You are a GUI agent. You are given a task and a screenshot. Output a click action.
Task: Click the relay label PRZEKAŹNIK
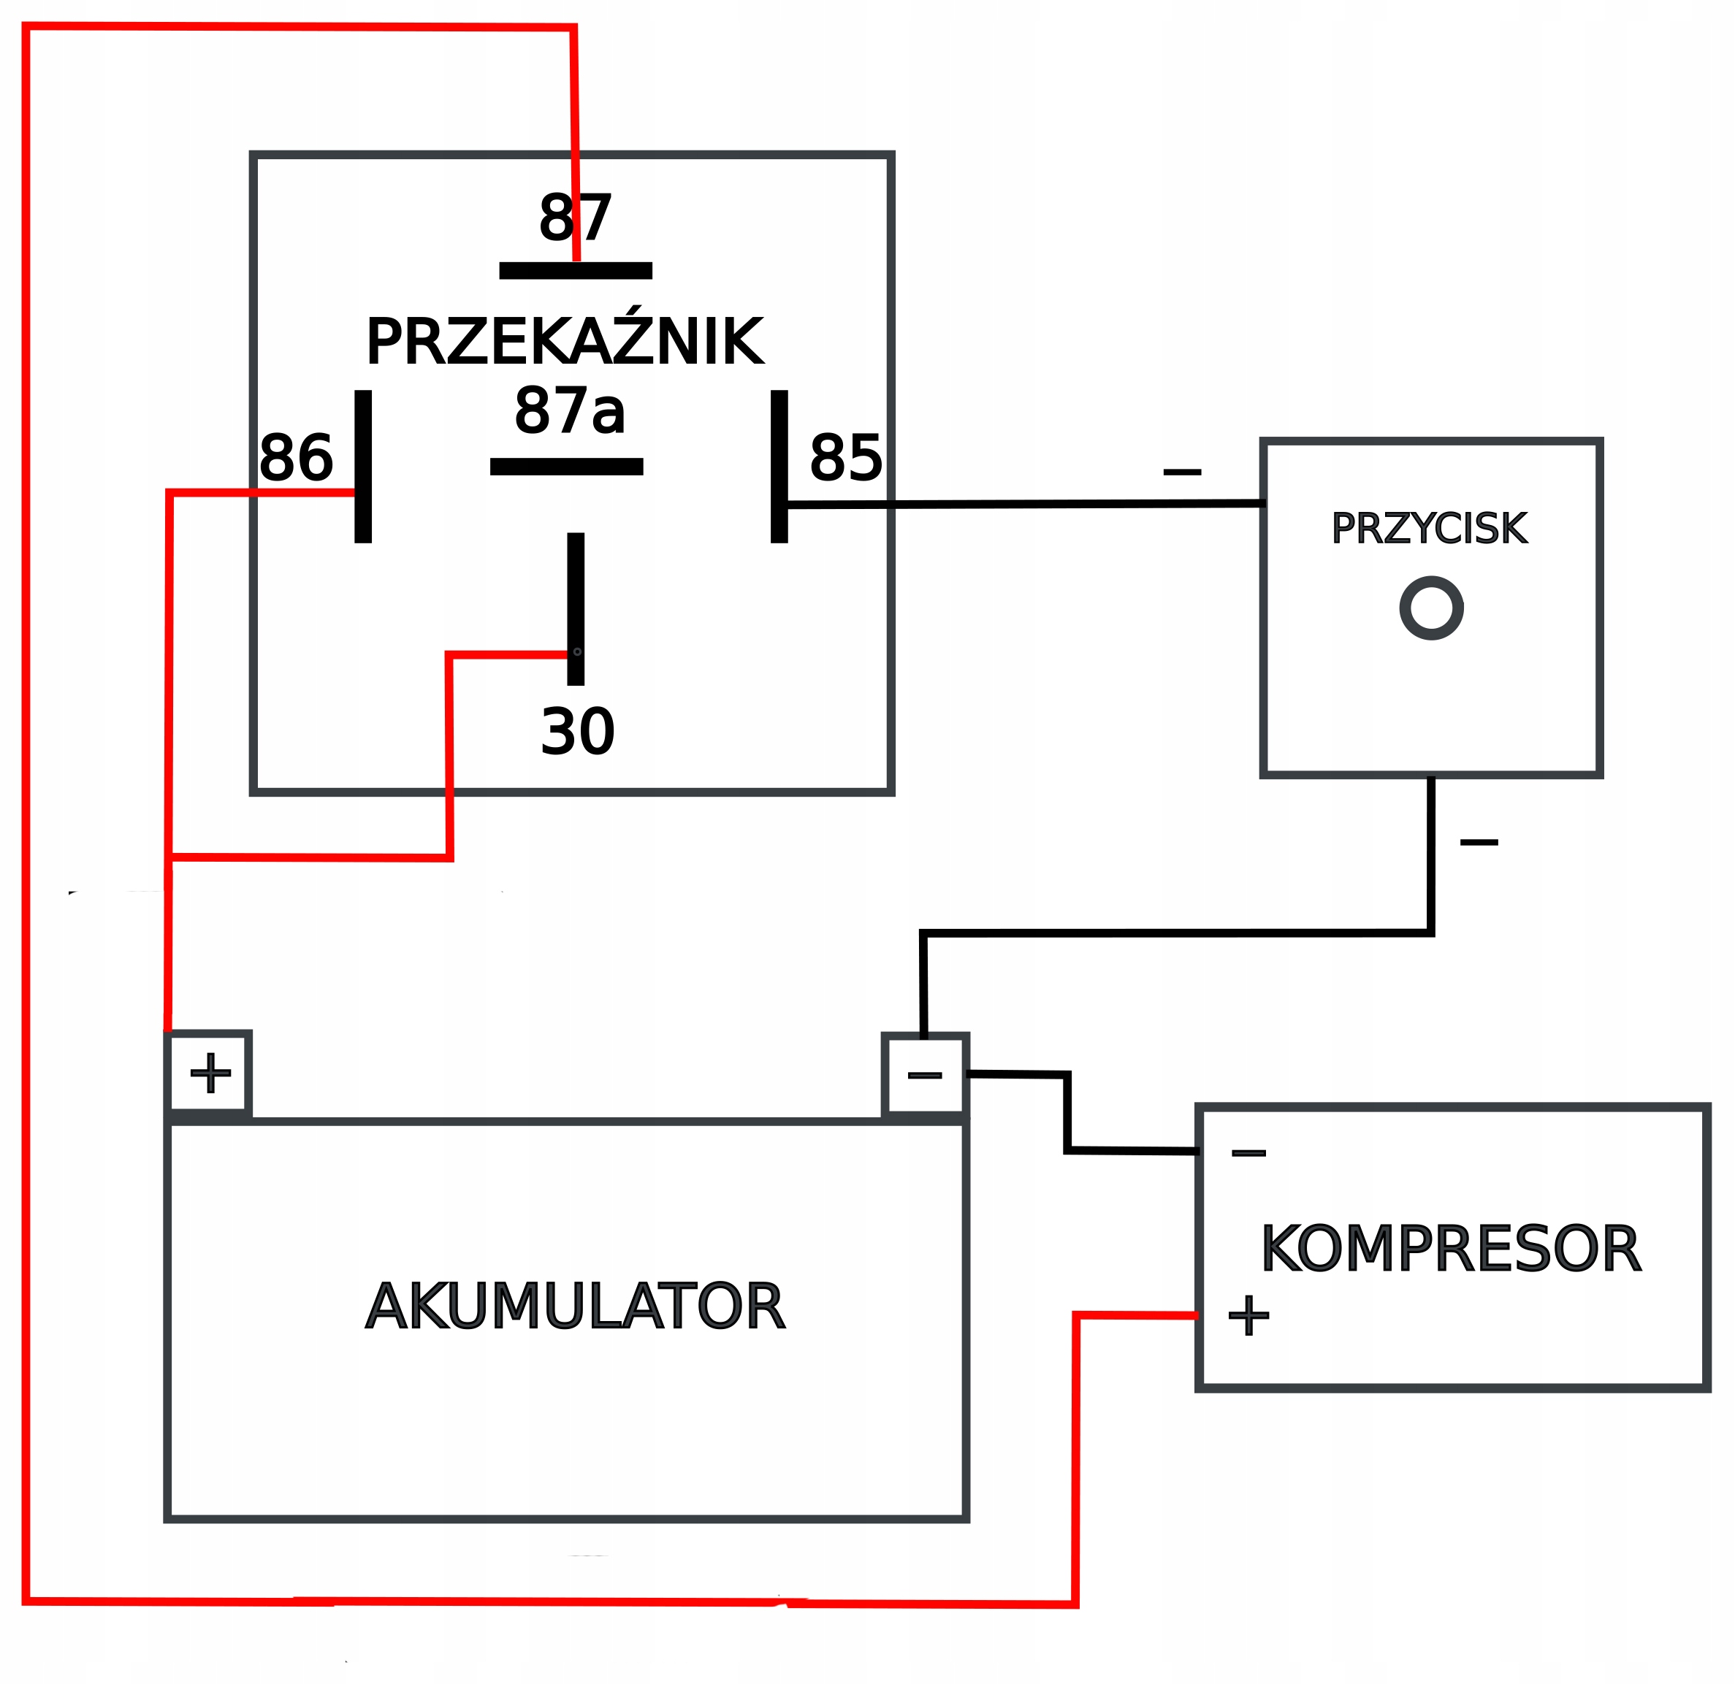pyautogui.click(x=565, y=342)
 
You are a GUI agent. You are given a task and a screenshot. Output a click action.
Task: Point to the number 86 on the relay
pyautogui.click(x=296, y=459)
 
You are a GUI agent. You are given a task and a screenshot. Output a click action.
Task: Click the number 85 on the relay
pyautogui.click(x=845, y=459)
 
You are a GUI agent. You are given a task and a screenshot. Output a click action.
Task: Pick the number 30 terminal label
pyautogui.click(x=577, y=732)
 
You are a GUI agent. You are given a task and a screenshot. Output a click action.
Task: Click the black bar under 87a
pyautogui.click(x=567, y=467)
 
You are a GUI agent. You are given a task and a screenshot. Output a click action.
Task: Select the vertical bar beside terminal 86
pyautogui.click(x=363, y=467)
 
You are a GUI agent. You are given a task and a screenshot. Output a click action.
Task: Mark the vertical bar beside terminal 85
pyautogui.click(x=779, y=467)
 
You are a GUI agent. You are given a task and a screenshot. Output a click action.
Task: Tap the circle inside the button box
pyautogui.click(x=1431, y=608)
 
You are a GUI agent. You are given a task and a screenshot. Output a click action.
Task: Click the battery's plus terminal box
pyautogui.click(x=210, y=1073)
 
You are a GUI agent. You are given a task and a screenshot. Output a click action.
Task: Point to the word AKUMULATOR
pyautogui.click(x=576, y=1307)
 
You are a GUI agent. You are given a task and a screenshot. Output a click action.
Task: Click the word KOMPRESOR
pyautogui.click(x=1451, y=1249)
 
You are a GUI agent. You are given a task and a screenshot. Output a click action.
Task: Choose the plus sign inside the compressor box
pyautogui.click(x=1248, y=1315)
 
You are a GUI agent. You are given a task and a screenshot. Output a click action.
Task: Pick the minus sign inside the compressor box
pyautogui.click(x=1248, y=1153)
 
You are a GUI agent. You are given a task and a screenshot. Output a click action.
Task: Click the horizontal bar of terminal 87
pyautogui.click(x=576, y=271)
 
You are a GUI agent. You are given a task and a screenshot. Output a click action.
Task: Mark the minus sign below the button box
pyautogui.click(x=1479, y=841)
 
